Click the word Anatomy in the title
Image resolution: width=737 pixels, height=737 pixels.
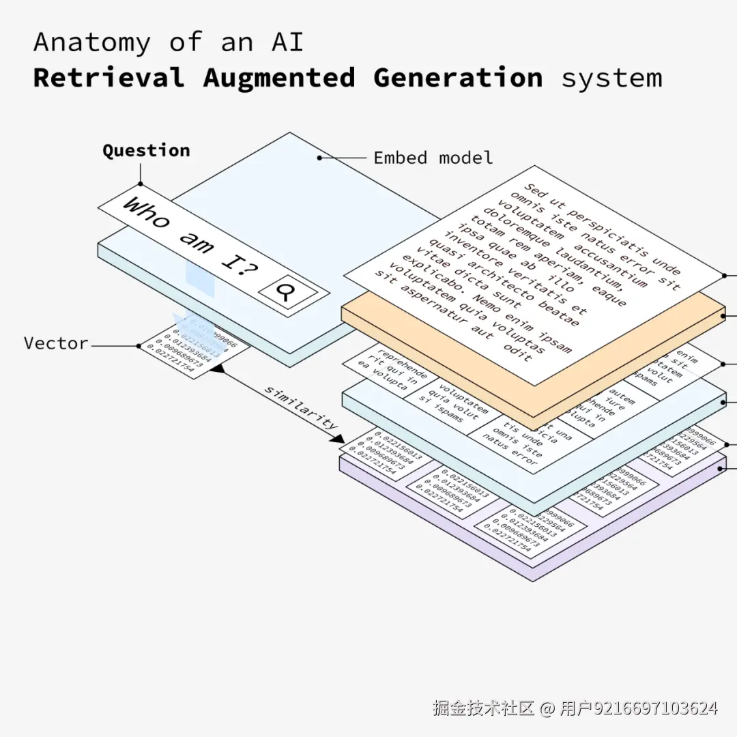coord(91,43)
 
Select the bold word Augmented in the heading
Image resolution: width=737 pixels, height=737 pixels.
coord(279,78)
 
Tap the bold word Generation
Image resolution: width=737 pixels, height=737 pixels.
coord(457,78)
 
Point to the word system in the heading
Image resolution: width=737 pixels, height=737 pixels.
coord(611,78)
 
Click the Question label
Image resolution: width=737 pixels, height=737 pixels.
coord(146,151)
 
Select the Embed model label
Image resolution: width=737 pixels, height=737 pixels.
coord(433,158)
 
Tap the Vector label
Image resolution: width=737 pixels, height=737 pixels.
coord(56,343)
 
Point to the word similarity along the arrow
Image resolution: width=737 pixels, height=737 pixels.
coord(301,408)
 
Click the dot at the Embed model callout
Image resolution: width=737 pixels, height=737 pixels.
coord(319,158)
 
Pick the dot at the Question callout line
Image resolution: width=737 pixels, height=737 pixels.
coord(141,184)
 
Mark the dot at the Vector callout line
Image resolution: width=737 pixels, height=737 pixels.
coord(139,346)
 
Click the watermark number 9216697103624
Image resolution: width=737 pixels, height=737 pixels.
coord(656,708)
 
